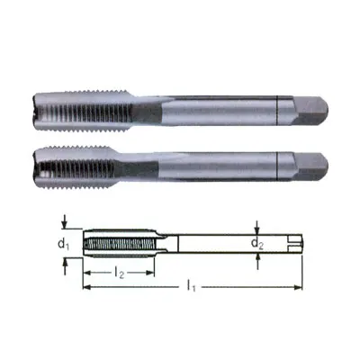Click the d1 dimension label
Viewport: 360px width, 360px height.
click(62, 243)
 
